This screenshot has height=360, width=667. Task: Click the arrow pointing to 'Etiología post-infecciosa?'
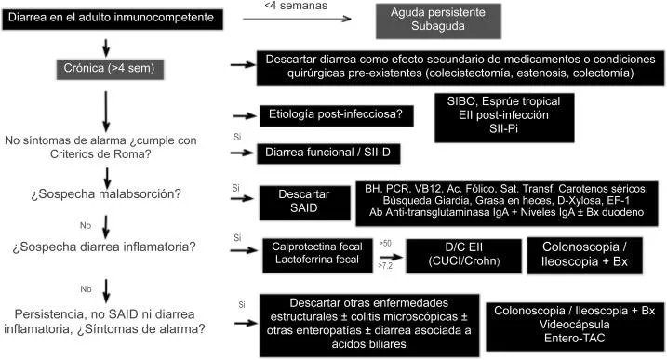pyautogui.click(x=244, y=115)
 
